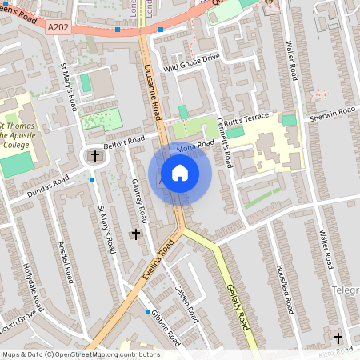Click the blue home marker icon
click(180, 172)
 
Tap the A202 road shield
click(58, 26)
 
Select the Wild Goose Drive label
click(191, 58)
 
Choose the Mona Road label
click(196, 146)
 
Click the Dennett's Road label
click(222, 142)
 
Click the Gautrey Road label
click(139, 199)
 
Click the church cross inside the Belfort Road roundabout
click(96, 156)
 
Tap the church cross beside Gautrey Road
click(135, 234)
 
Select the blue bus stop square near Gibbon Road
click(148, 311)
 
